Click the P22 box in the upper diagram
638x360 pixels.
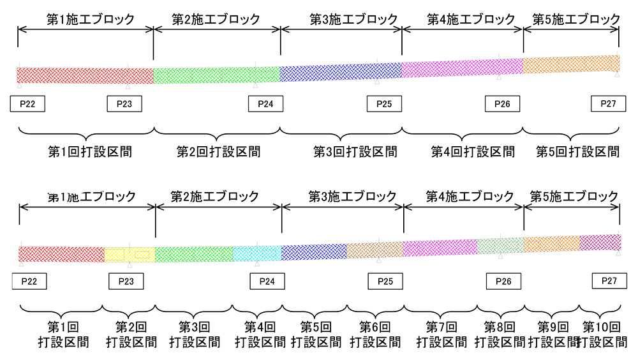pos(28,104)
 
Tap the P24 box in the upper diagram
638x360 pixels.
pos(265,104)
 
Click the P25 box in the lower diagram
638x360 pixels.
pos(385,281)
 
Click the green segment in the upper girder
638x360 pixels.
pos(217,74)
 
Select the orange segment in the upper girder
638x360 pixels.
pos(571,64)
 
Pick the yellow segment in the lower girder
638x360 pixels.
pos(130,254)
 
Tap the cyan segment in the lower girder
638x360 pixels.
pos(257,253)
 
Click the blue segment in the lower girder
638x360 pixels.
pos(314,251)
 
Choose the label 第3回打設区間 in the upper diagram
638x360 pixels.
pos(355,152)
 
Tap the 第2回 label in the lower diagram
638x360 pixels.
pos(131,327)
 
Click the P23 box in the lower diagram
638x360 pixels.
pos(126,281)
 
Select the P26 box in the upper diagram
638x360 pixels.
pos(503,104)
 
